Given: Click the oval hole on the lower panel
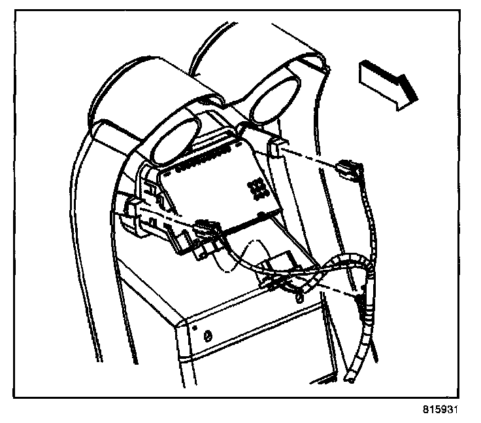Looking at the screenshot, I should point(208,336).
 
